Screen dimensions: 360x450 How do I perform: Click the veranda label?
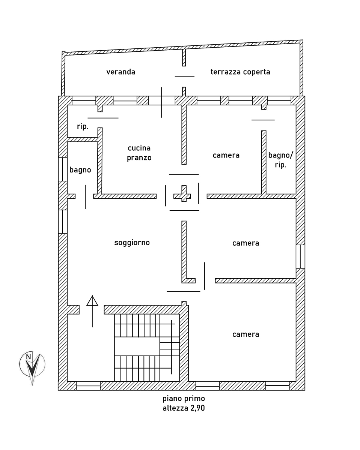tap(121, 72)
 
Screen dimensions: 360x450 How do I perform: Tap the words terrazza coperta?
tap(240, 72)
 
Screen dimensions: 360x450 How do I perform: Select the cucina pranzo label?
tap(139, 153)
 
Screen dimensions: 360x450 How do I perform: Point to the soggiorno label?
tap(132, 243)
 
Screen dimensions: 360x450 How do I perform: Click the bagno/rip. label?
tap(281, 160)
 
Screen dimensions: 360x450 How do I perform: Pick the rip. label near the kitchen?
tap(83, 126)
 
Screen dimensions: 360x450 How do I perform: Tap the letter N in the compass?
tap(28, 357)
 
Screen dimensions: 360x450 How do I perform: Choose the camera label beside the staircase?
tap(246, 334)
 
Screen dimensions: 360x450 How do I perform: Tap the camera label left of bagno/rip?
tap(226, 155)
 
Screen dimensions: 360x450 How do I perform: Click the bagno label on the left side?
tap(80, 170)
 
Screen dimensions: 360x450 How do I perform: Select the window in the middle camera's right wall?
tap(300, 256)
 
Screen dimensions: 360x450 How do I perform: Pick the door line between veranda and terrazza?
tap(185, 76)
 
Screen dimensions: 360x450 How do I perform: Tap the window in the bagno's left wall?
tap(63, 169)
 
